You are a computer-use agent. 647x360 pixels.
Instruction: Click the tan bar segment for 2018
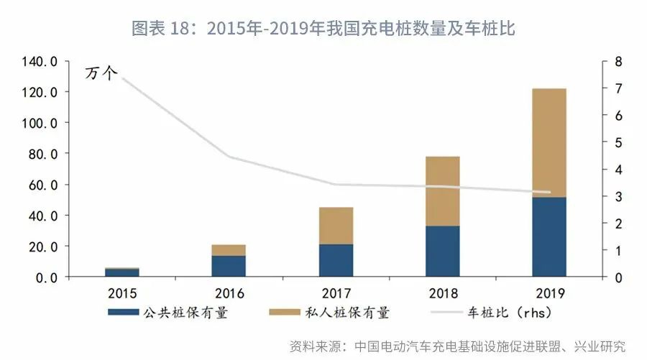point(442,191)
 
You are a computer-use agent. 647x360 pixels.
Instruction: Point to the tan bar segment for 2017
point(336,226)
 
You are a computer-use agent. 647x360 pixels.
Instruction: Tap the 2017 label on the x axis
point(336,293)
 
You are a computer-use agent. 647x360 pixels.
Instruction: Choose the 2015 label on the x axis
point(122,293)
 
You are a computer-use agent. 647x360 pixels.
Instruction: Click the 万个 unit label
point(101,73)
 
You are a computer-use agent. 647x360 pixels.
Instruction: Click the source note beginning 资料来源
point(457,346)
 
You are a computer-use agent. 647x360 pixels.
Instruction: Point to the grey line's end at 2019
point(549,193)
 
